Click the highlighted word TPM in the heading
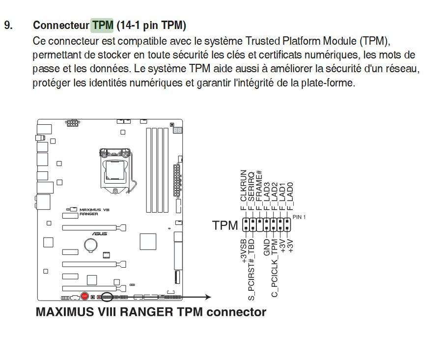click(102, 25)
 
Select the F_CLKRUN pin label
click(243, 194)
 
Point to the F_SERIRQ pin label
click(251, 194)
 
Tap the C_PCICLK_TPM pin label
click(275, 267)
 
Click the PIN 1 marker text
click(299, 217)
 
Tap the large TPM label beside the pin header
click(225, 226)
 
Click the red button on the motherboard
click(84, 296)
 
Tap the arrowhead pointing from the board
click(208, 297)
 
